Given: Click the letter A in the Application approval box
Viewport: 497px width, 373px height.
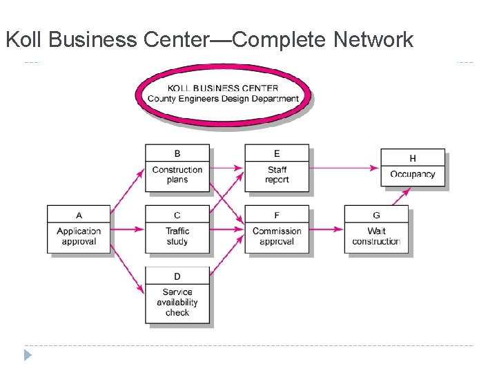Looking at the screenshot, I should tap(79, 216).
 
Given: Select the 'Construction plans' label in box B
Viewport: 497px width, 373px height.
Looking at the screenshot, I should tap(177, 175).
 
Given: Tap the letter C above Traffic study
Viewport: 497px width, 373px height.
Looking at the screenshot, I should tap(177, 216).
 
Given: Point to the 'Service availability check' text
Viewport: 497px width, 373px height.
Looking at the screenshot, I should tap(177, 303).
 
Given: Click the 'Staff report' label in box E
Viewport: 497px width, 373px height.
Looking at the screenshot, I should tap(277, 175).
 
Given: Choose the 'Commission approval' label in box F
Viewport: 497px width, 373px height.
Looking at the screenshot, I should tap(277, 236).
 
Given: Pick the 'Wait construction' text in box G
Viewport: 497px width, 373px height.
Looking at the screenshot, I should tap(376, 236).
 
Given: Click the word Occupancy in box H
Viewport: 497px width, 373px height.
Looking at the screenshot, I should tap(413, 174).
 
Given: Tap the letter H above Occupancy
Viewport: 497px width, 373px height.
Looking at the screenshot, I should tap(413, 159).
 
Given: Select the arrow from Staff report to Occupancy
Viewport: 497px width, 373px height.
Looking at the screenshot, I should tap(345, 167).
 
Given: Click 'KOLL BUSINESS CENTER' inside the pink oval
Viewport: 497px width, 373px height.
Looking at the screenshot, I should tap(223, 88).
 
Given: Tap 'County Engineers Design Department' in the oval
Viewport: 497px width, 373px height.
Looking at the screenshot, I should tap(223, 99).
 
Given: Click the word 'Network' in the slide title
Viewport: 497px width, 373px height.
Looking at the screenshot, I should tap(373, 40).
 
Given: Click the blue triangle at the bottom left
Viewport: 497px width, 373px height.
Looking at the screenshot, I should tap(28, 356).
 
